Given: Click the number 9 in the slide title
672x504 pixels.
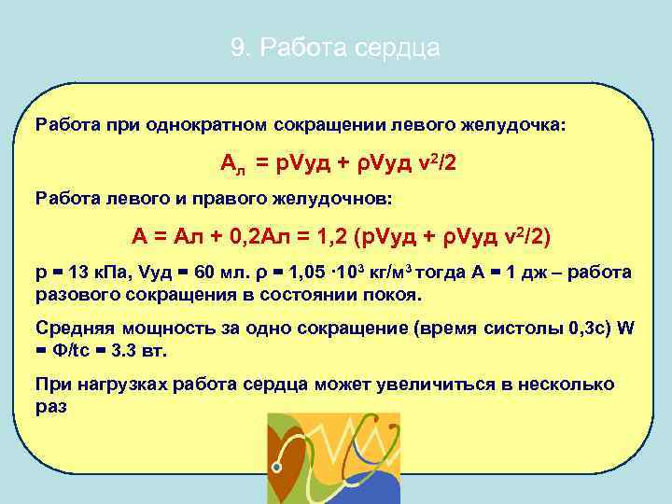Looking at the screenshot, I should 236,49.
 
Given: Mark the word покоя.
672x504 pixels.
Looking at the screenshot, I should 397,294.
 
